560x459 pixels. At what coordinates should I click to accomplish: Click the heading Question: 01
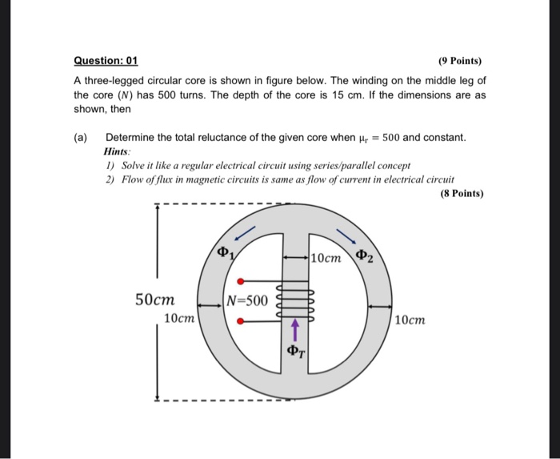tap(106, 60)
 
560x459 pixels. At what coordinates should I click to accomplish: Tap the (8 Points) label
tap(462, 193)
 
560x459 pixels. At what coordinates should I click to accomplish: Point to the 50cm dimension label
tap(155, 300)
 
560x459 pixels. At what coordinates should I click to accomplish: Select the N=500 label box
tap(248, 301)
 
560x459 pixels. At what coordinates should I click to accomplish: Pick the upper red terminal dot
tap(242, 281)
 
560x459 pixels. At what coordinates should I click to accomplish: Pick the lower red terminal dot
tap(242, 322)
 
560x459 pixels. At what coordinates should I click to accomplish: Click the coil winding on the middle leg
tap(295, 302)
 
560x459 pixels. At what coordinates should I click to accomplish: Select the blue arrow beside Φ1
tap(243, 234)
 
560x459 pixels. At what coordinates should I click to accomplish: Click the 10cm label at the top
tap(326, 258)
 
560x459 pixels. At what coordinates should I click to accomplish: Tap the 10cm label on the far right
tap(410, 320)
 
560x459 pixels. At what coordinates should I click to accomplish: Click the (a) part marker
tap(81, 138)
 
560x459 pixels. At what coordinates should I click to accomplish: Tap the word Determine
tap(131, 138)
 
